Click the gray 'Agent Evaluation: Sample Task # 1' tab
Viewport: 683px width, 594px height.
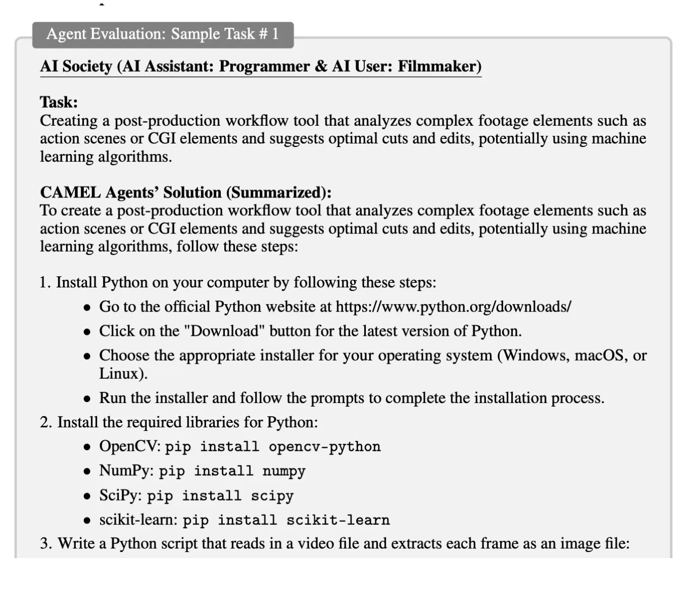pyautogui.click(x=163, y=34)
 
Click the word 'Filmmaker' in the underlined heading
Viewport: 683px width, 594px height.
pyautogui.click(x=438, y=67)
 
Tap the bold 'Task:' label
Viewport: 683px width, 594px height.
pyautogui.click(x=59, y=103)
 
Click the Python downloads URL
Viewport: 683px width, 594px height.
pyautogui.click(x=453, y=307)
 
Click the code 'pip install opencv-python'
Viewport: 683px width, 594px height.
pyautogui.click(x=273, y=447)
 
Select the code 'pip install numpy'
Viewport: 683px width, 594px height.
pyautogui.click(x=232, y=471)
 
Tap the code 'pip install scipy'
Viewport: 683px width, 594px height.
pyautogui.click(x=220, y=496)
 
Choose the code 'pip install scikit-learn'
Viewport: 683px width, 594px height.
pyautogui.click(x=286, y=520)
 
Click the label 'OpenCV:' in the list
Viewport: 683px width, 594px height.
pyautogui.click(x=130, y=447)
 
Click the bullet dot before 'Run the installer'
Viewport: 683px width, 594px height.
pyautogui.click(x=87, y=399)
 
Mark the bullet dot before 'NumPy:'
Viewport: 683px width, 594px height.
pyautogui.click(x=87, y=472)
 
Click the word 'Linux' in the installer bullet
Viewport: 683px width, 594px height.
pyautogui.click(x=119, y=374)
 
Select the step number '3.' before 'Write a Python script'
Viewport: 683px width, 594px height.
pyautogui.click(x=46, y=544)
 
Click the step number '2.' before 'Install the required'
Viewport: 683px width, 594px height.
pyautogui.click(x=46, y=423)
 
